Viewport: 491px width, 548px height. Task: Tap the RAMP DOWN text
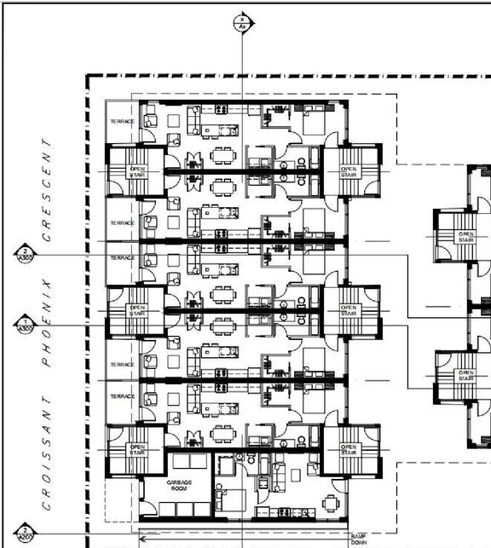tap(358, 539)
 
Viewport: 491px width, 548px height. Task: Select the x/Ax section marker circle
tap(242, 22)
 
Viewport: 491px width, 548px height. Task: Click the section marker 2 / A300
tap(26, 255)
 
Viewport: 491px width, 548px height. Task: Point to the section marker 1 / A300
tap(26, 325)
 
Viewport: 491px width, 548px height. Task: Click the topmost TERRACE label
tap(123, 123)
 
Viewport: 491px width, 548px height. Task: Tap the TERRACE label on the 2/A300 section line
tap(123, 257)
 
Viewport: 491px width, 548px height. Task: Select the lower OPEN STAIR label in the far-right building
tap(466, 374)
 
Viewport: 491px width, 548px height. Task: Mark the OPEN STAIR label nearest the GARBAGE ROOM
tap(137, 449)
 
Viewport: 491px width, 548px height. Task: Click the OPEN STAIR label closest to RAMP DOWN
tap(348, 449)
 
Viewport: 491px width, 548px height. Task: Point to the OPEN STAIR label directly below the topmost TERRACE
tap(137, 171)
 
